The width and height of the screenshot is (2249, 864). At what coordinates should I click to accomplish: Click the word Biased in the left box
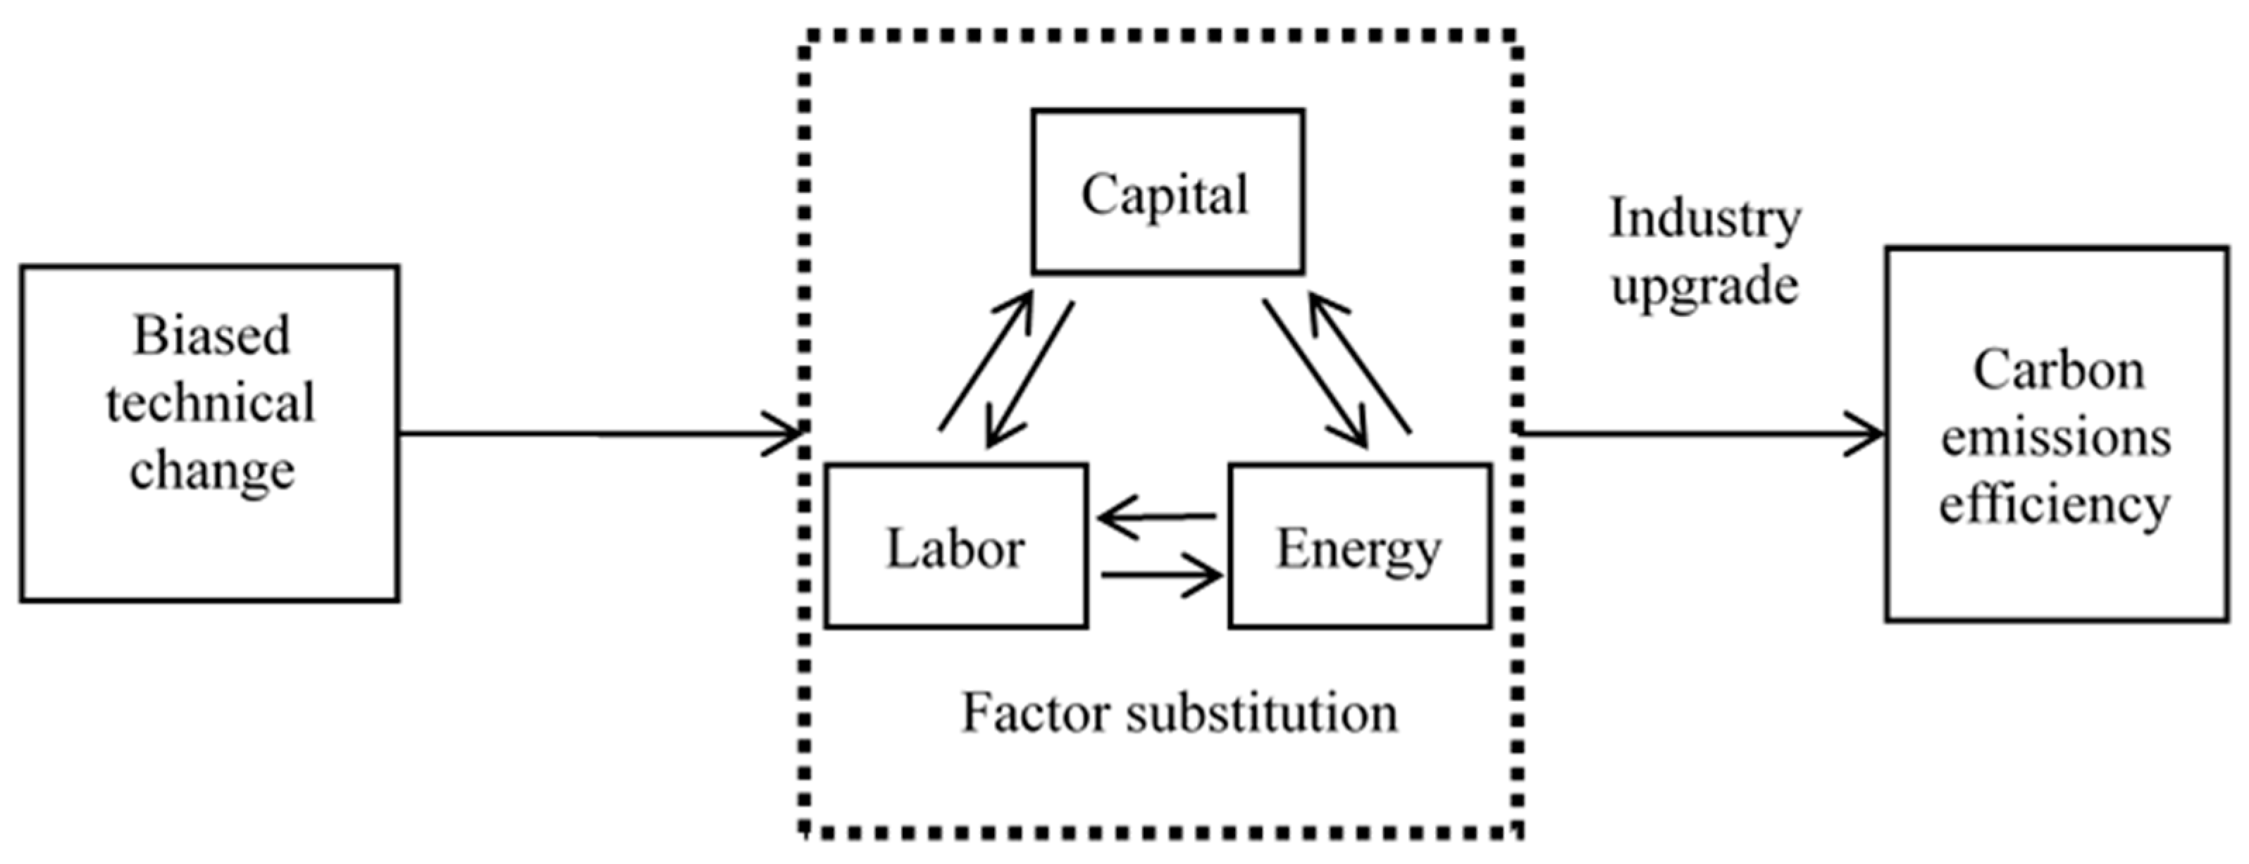211,336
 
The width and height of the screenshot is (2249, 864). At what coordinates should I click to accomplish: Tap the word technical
211,403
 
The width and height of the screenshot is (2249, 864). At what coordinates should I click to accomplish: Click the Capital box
1167,193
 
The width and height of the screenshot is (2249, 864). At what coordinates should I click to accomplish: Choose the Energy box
1359,548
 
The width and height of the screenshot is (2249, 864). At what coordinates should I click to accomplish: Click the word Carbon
2059,371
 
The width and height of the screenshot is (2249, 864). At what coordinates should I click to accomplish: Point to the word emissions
2055,437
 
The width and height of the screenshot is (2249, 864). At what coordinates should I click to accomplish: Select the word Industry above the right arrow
1705,218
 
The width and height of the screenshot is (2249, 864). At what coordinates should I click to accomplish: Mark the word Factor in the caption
1034,713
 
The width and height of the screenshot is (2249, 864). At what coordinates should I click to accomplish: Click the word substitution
1262,713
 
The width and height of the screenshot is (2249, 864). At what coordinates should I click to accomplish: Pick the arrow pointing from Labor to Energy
1161,576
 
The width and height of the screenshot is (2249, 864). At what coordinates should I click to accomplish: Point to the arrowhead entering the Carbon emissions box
1869,433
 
